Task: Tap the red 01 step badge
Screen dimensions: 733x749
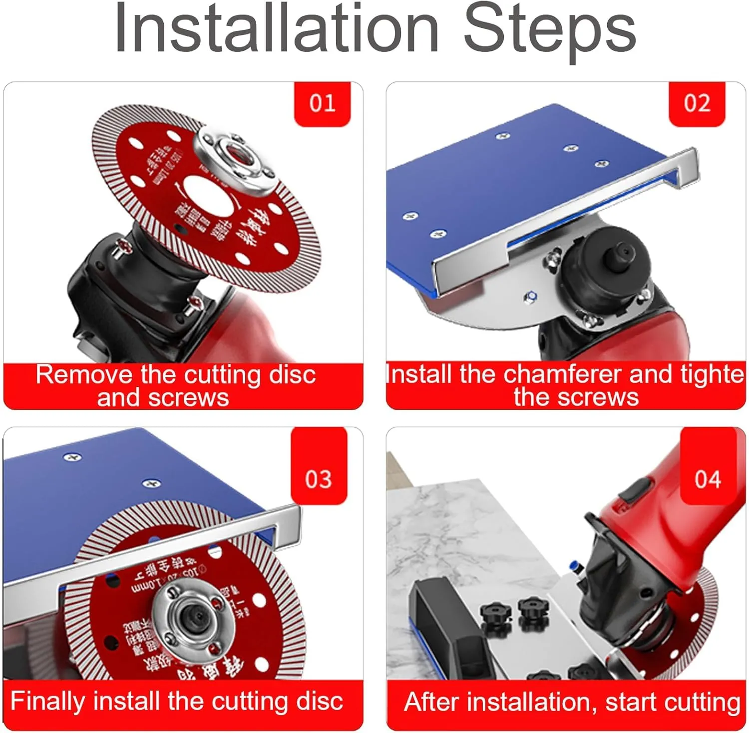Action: tap(322, 103)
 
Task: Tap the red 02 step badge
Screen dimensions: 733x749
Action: tap(697, 103)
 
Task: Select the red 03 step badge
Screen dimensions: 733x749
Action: tap(319, 479)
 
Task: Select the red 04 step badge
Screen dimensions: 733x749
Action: tap(708, 479)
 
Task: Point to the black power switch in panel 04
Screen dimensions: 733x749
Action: tap(636, 489)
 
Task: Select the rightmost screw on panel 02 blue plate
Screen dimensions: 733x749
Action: tap(602, 164)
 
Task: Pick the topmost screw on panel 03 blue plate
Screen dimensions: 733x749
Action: tap(73, 457)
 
